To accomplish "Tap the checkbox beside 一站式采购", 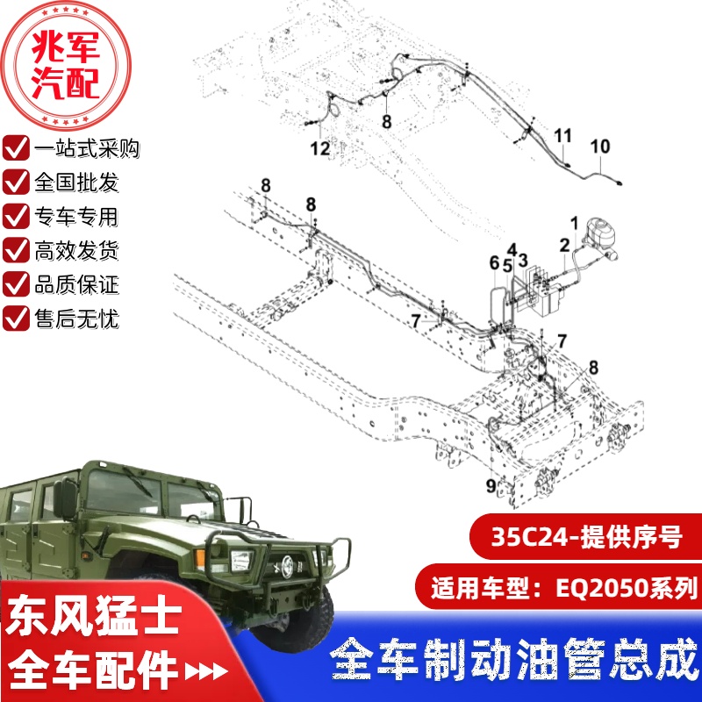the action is pos(16,147).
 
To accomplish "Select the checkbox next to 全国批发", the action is pos(16,182).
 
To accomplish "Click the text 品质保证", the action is pos(76,284).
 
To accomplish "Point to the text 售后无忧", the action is pos(76,319).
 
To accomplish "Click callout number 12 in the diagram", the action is pos(320,148).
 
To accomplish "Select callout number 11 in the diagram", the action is pos(562,135).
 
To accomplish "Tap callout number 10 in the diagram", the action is pos(600,147).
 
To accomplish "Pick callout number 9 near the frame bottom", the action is pos(491,486).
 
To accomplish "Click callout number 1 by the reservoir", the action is pos(575,223).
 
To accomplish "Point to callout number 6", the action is pos(494,263).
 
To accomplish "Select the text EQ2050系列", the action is pos(627,588).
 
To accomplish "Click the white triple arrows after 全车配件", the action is pos(206,671).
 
